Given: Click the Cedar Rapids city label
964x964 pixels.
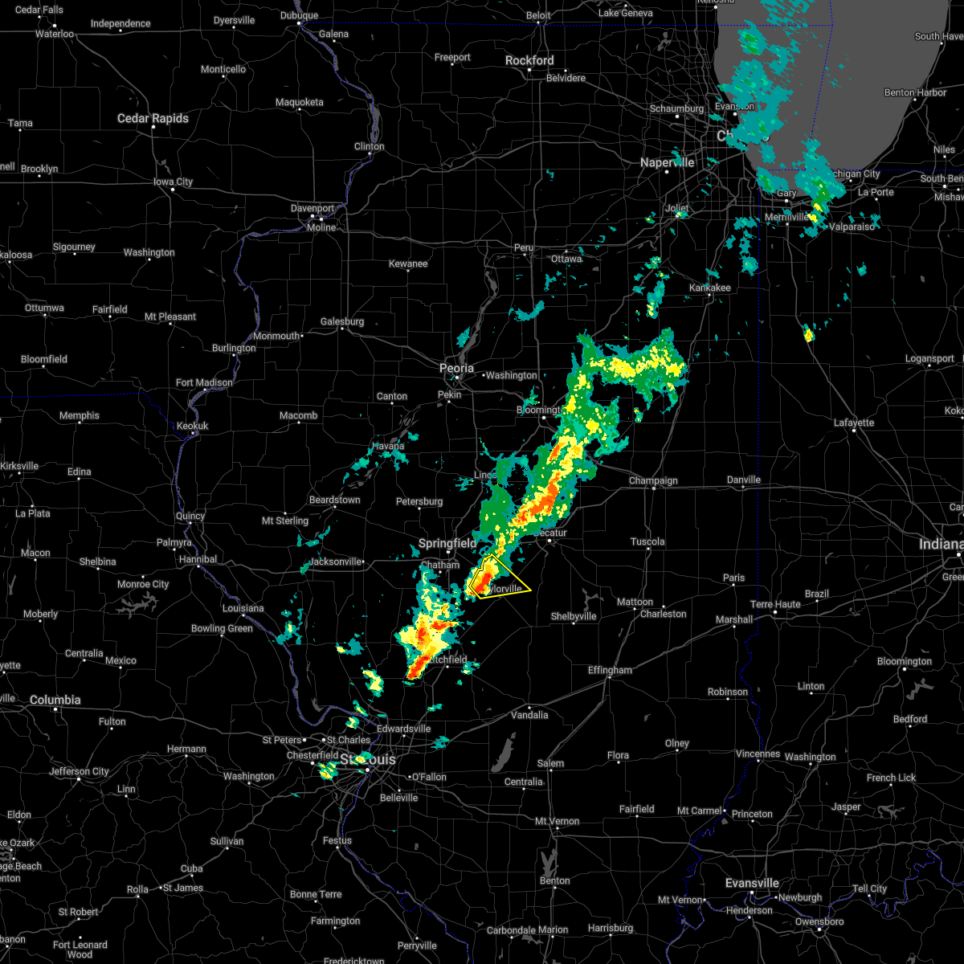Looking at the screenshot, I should [x=153, y=118].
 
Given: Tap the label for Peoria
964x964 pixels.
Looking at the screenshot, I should [x=456, y=368].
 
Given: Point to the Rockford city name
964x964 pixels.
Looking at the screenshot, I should [x=529, y=60].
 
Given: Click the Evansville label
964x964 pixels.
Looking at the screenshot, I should [x=752, y=883].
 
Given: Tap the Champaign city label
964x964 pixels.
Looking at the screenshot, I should [x=653, y=481].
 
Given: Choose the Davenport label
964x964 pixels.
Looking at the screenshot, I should [x=312, y=208].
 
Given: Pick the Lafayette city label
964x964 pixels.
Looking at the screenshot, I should [x=854, y=423].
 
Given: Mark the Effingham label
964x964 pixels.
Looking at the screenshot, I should [x=610, y=670].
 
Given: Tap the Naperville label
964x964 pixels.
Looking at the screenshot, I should [x=667, y=162].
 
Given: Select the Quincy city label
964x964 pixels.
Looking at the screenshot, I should [x=191, y=517].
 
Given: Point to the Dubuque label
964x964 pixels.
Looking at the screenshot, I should [x=300, y=15].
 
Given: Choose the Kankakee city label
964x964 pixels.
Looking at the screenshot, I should [x=709, y=288].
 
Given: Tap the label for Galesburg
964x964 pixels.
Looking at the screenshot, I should [x=342, y=321].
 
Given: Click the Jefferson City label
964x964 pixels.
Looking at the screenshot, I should [x=79, y=771].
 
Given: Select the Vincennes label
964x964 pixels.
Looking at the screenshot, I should [x=758, y=754].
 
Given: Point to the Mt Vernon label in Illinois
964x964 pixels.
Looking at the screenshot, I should [x=558, y=821].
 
